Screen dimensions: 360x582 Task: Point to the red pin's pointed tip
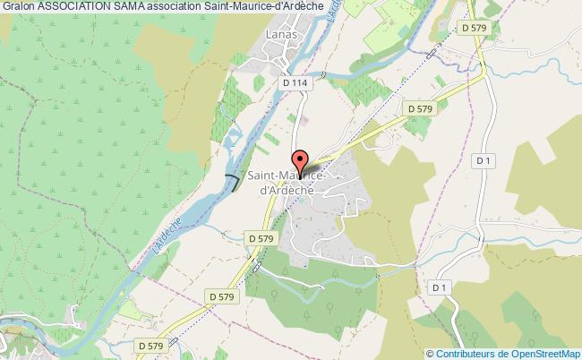(x=301, y=173)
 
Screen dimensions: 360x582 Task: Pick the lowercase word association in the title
(x=193, y=8)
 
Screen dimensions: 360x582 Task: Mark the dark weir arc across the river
(x=233, y=182)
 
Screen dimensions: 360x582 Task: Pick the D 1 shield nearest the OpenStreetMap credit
(x=439, y=287)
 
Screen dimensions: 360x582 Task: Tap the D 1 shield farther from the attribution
(x=484, y=160)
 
